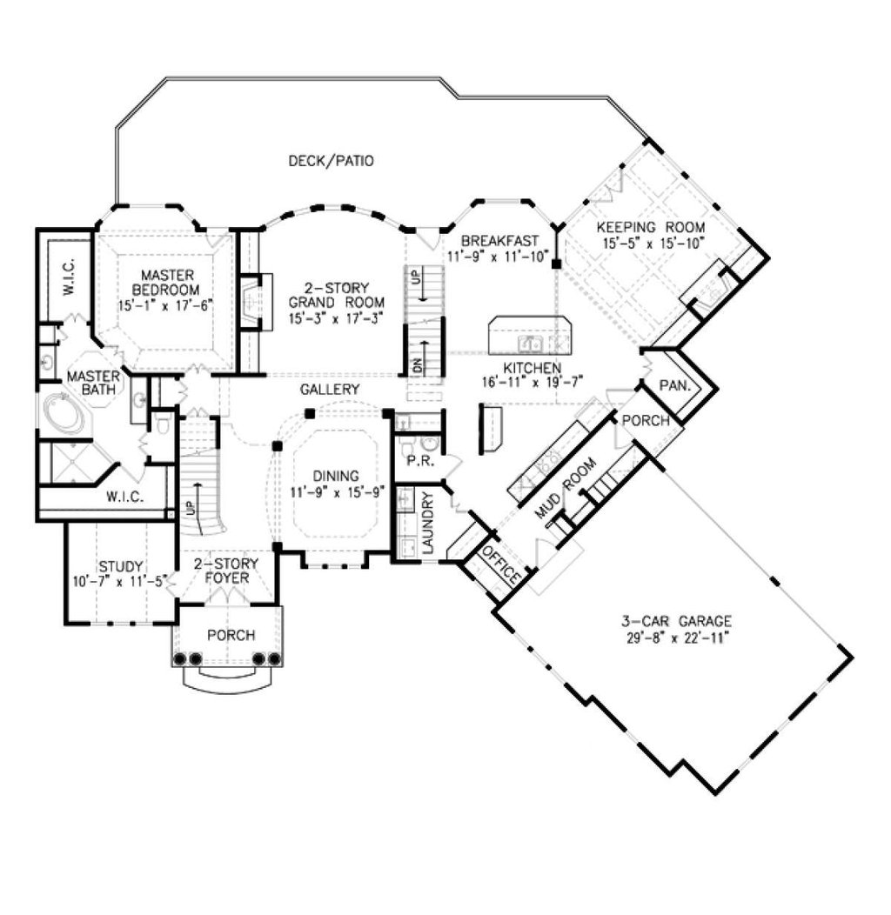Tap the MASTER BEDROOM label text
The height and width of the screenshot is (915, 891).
click(x=165, y=282)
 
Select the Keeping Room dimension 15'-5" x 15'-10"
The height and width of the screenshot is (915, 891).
click(x=651, y=243)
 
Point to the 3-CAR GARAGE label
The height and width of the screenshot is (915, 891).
click(x=676, y=621)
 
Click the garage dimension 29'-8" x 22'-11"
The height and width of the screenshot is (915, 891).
click(x=676, y=637)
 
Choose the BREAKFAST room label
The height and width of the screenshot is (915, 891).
click(x=499, y=240)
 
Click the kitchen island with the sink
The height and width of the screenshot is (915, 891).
click(x=530, y=334)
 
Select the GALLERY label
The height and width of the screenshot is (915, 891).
click(x=330, y=389)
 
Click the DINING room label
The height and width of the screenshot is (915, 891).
click(x=336, y=475)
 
